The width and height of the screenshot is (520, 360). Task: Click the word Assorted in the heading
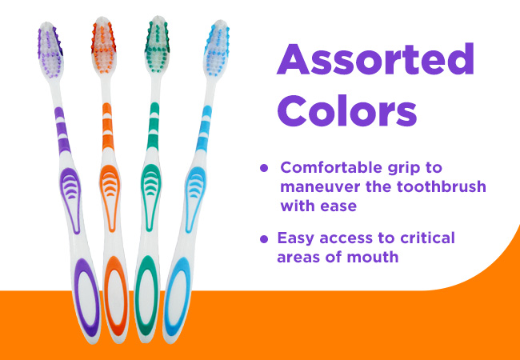(375, 59)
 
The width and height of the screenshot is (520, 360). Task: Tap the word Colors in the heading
(347, 110)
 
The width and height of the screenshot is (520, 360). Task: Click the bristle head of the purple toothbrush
(50, 50)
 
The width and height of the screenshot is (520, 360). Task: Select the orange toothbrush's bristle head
(104, 45)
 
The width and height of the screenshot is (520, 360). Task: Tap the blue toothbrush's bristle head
(217, 49)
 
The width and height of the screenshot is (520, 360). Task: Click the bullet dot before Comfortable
(264, 168)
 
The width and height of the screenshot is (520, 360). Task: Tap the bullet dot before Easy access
(264, 238)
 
